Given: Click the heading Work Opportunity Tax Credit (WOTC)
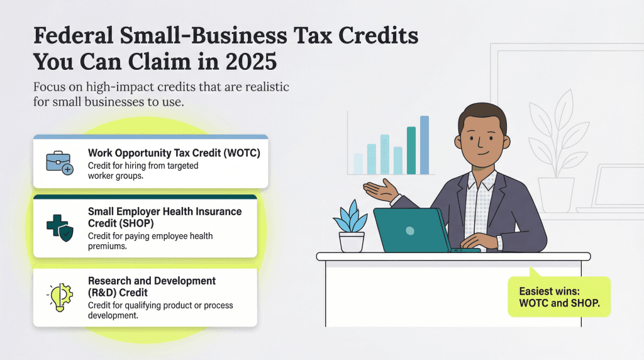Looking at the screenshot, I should tap(174, 153).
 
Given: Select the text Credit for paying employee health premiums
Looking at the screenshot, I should tap(150, 242).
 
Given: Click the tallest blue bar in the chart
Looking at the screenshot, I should tap(425, 145).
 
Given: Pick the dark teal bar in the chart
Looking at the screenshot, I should tap(411, 150).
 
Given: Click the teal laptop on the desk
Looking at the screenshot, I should tap(412, 230).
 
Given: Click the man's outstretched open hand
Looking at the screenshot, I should tap(380, 188).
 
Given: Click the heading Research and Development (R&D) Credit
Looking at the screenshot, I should tap(152, 286).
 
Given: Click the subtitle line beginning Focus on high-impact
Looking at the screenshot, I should tap(161, 87).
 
